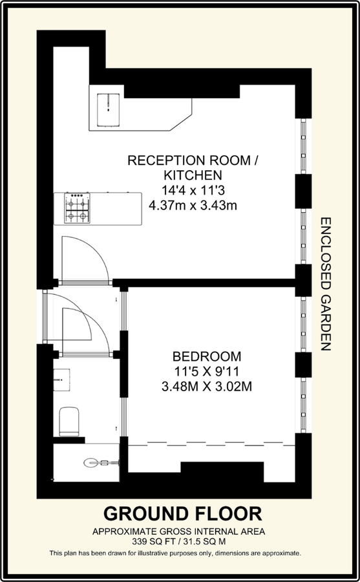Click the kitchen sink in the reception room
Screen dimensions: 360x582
coord(109,109)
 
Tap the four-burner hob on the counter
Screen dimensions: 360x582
coord(77,208)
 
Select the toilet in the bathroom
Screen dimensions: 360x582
coord(69,421)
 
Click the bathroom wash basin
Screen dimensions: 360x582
coord(62,380)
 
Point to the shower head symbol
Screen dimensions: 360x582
coord(101,462)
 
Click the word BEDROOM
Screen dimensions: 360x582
coord(207,357)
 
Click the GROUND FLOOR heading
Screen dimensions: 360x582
coord(183,514)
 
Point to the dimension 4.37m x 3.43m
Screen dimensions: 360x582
coord(193,205)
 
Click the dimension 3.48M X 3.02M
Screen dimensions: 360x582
coord(207,387)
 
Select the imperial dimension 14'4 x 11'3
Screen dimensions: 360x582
coord(193,190)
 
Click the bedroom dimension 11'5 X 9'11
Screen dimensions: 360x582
coord(207,372)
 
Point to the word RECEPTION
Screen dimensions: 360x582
coord(165,160)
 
